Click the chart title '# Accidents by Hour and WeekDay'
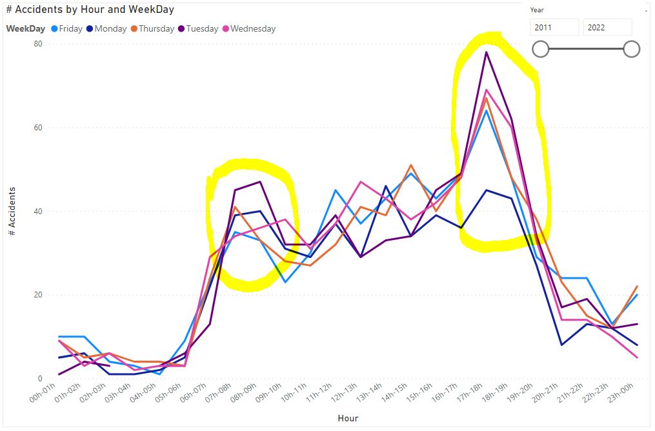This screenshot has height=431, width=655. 90,10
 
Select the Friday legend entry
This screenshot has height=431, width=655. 67,29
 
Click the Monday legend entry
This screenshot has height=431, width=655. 106,29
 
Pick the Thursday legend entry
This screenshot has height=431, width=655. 152,29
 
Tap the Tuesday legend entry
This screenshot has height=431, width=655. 198,29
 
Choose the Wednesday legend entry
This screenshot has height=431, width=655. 249,29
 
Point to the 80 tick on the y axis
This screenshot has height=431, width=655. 38,44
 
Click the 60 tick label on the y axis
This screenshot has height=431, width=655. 38,128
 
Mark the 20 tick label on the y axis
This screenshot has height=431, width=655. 38,295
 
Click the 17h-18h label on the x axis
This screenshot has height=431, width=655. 470,392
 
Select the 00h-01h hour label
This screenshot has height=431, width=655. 43,392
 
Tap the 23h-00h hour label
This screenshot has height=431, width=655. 621,392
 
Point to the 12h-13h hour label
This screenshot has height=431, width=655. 344,392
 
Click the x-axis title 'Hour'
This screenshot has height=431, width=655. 348,419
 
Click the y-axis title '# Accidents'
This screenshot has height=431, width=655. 12,211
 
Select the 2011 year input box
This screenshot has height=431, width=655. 554,28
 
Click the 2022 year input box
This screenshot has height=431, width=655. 607,28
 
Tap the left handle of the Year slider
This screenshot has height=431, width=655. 541,49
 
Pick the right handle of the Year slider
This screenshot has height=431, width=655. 632,49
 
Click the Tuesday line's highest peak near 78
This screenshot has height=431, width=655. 486,52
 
